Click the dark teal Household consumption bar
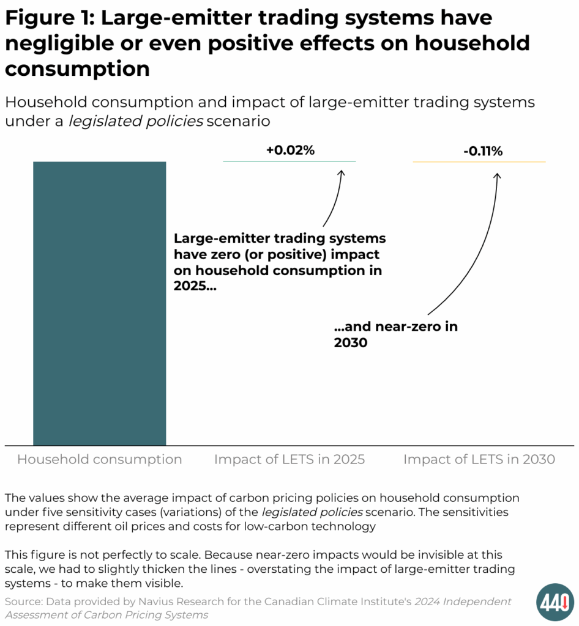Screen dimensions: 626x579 [x=99, y=303]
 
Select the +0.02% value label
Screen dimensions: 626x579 [x=290, y=150]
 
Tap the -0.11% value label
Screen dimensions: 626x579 [x=482, y=152]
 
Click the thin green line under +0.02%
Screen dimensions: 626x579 [x=289, y=161]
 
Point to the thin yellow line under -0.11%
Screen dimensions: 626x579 [x=479, y=162]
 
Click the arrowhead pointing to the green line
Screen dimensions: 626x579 [x=342, y=174]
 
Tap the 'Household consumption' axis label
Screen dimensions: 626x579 [x=99, y=460]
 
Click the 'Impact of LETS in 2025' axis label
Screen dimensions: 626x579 [x=289, y=460]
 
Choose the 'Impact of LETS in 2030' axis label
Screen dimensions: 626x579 [x=479, y=460]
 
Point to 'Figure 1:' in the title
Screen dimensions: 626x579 [x=49, y=18]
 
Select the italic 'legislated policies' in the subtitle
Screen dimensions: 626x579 [x=135, y=121]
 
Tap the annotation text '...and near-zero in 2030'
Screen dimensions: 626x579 [x=395, y=334]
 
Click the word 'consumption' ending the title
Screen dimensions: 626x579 [x=77, y=69]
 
